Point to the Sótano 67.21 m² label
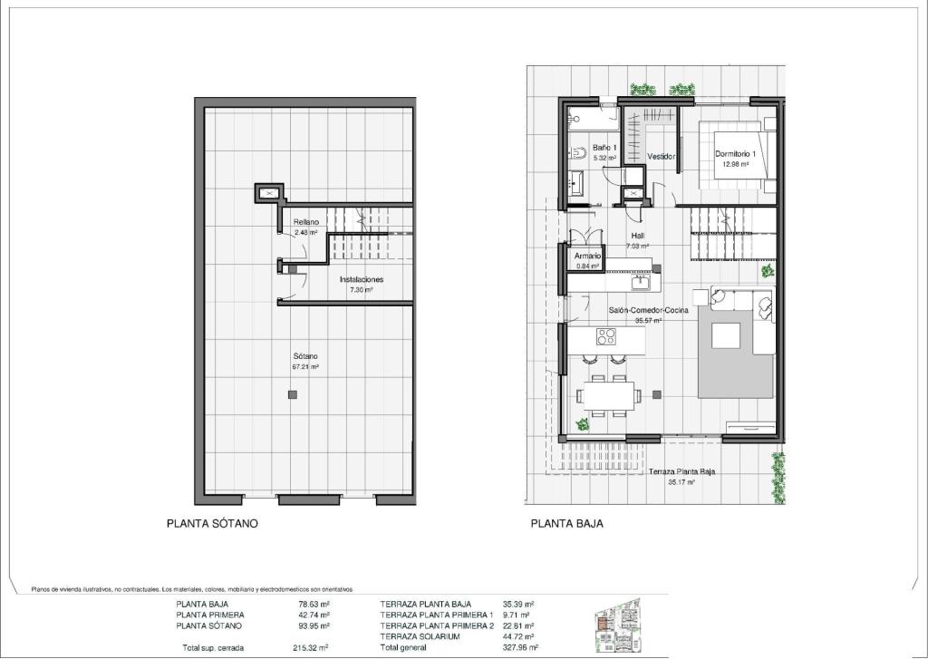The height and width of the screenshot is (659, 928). pos(304,362)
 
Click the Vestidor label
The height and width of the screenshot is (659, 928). pos(661,156)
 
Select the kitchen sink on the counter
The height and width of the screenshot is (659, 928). pos(641,282)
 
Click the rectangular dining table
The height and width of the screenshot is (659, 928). pos(608,394)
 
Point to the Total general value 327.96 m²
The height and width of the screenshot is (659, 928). pos(517,648)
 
